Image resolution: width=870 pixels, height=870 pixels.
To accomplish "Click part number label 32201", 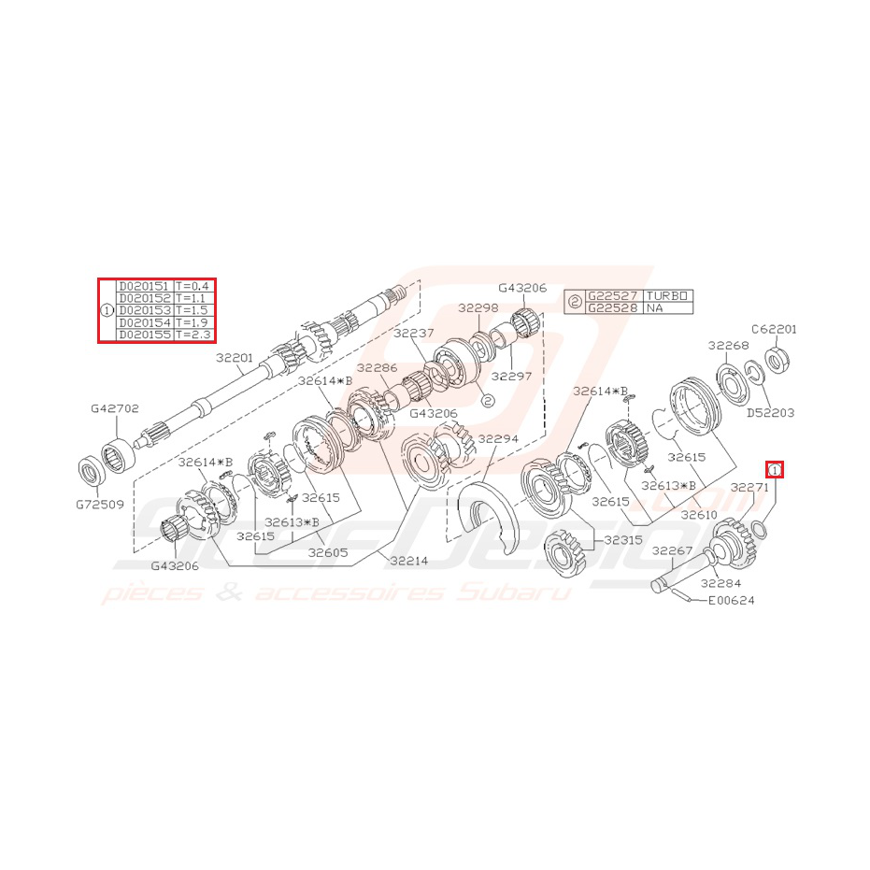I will click(235, 357).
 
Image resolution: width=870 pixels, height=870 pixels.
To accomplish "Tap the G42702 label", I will click(114, 408).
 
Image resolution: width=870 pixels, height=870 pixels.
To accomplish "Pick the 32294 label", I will click(498, 438).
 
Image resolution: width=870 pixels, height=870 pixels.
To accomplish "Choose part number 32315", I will click(622, 540).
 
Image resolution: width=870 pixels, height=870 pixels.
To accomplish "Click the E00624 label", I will click(731, 601).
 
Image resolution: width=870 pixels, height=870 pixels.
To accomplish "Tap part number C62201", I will click(774, 329).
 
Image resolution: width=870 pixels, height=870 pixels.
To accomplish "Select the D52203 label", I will click(770, 412).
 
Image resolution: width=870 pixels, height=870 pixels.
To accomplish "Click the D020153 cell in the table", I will click(144, 310).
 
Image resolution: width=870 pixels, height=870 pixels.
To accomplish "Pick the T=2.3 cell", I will click(193, 335).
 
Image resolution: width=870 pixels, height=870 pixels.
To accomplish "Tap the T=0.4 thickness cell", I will click(193, 286).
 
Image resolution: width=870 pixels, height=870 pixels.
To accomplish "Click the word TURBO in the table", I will click(669, 295).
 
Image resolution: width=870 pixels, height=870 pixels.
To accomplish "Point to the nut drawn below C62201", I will click(776, 357).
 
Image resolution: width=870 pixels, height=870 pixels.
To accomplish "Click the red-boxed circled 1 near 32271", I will click(775, 469).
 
